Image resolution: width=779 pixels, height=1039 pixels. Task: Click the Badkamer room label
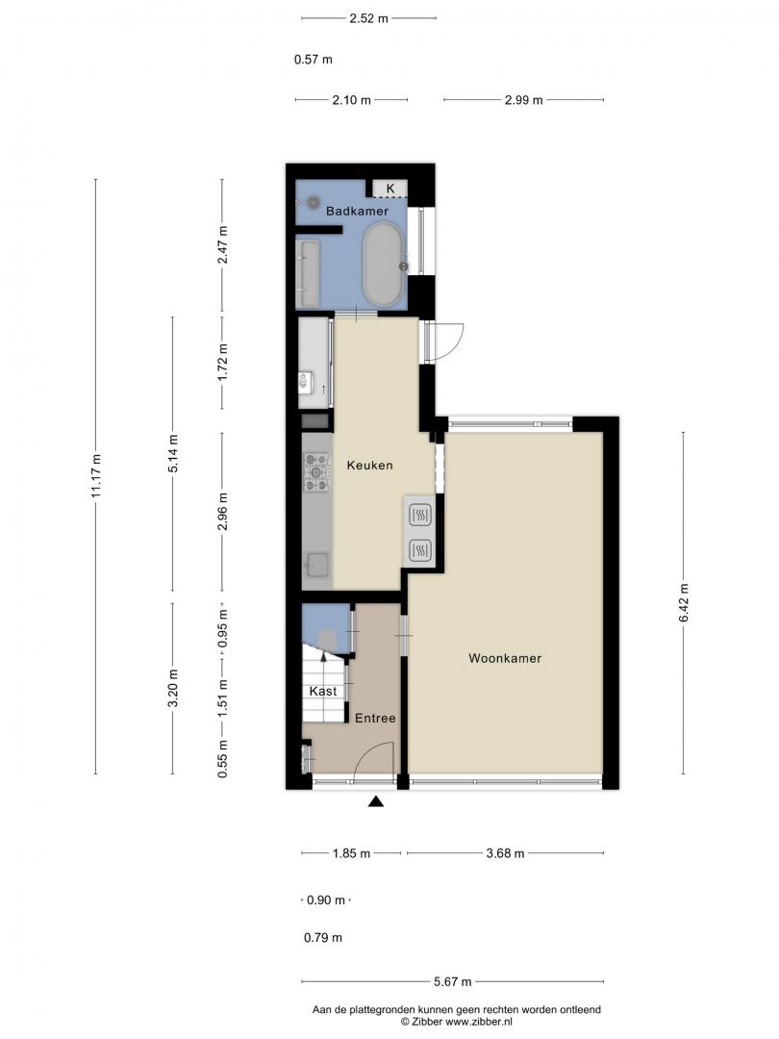(357, 212)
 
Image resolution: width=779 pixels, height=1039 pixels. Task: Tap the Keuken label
(369, 466)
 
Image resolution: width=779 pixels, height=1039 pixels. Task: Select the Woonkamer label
(505, 658)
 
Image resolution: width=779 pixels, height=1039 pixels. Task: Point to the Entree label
(375, 719)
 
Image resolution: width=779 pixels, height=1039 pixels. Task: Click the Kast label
(323, 691)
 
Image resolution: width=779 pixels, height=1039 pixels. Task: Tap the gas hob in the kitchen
(316, 471)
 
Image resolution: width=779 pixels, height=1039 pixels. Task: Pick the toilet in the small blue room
(327, 641)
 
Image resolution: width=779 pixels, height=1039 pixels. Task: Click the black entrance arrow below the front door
(376, 801)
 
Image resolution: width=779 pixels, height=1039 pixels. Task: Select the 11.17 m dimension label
(96, 476)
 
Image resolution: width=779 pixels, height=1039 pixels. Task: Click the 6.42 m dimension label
(684, 602)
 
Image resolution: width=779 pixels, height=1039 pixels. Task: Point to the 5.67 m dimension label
(453, 982)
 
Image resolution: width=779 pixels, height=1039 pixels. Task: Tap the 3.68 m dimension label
(506, 853)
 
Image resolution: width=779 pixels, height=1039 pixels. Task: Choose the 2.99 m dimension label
(524, 100)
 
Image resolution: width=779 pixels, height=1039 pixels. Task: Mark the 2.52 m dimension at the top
(369, 18)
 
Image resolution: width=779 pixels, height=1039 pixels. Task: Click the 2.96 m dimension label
(222, 511)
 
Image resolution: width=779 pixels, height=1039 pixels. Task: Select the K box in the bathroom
(390, 189)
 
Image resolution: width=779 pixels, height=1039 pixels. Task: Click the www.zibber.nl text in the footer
(479, 1022)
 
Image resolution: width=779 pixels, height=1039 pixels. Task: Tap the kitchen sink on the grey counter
(317, 566)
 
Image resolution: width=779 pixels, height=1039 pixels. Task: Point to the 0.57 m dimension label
(314, 60)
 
